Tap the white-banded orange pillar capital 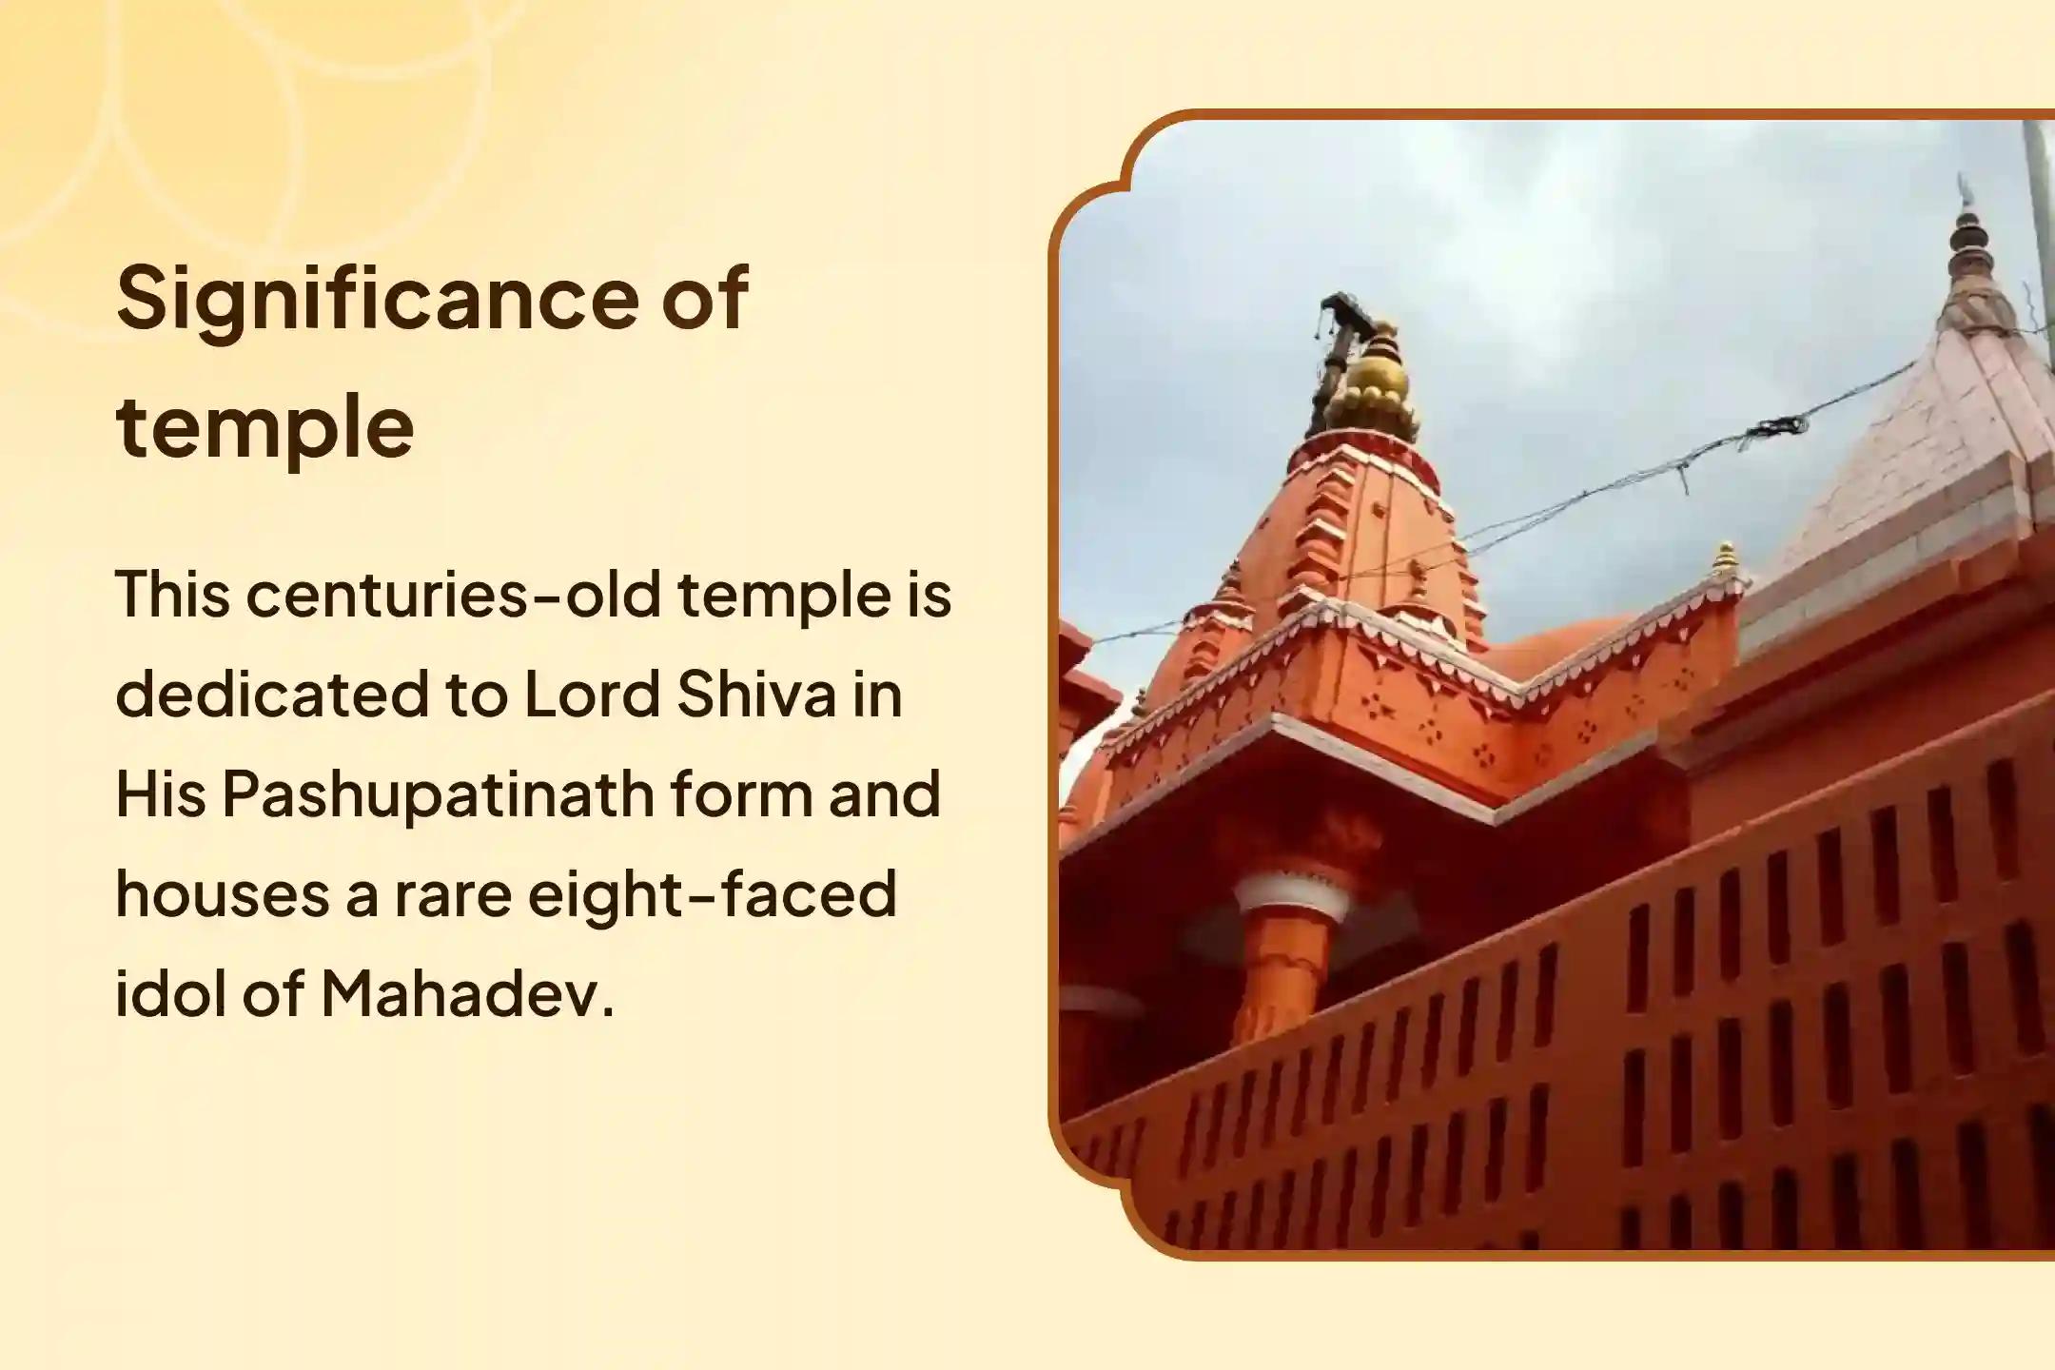point(1291,899)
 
